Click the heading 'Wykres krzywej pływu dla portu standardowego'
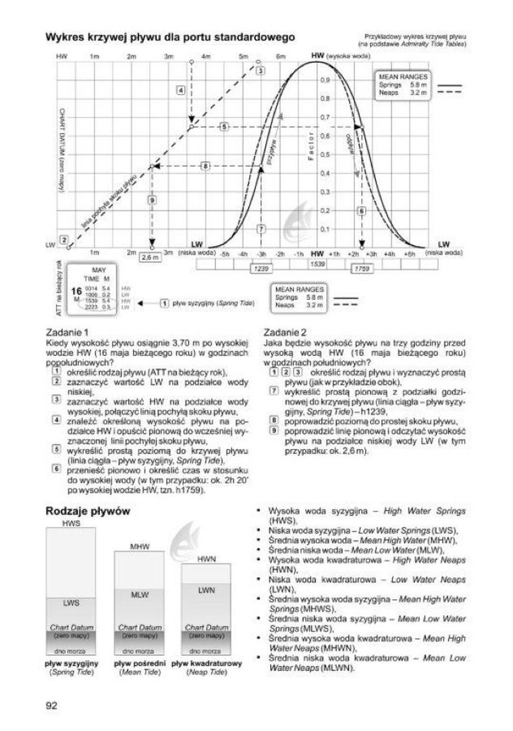click(x=169, y=36)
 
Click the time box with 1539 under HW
click(x=317, y=263)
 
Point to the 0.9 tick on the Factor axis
click(x=325, y=80)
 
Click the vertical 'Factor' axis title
click(x=311, y=155)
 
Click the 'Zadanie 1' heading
click(x=66, y=332)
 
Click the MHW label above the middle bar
click(x=139, y=545)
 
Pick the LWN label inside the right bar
click(x=207, y=590)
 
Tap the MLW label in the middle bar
click(x=139, y=595)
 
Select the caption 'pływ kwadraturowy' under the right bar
click(x=207, y=663)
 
